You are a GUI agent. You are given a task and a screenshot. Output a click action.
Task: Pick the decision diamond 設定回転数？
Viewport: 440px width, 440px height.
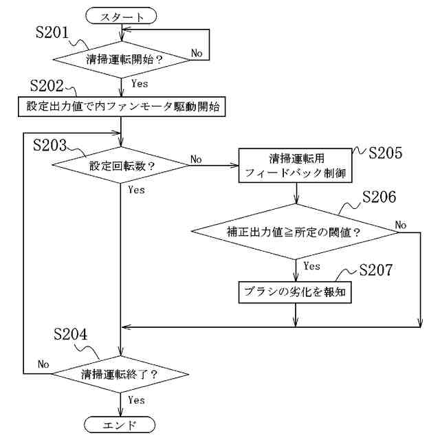(121, 165)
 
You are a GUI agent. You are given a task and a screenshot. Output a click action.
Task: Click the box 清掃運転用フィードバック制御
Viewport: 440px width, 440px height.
(296, 165)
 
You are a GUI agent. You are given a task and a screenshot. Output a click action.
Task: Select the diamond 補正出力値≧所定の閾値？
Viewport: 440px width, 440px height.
(296, 232)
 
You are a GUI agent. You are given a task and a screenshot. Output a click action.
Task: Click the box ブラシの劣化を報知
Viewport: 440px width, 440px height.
(296, 291)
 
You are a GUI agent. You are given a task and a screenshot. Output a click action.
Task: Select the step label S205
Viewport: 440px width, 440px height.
(386, 153)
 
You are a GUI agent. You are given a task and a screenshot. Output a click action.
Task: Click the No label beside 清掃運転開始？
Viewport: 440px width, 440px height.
(197, 53)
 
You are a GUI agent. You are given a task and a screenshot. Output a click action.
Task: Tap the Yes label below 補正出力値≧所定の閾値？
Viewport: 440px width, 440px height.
(311, 266)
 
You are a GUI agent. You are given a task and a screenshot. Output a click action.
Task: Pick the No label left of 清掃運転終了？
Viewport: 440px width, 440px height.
(43, 364)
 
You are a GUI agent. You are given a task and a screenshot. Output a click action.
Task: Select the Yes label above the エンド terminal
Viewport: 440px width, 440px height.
(136, 400)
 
